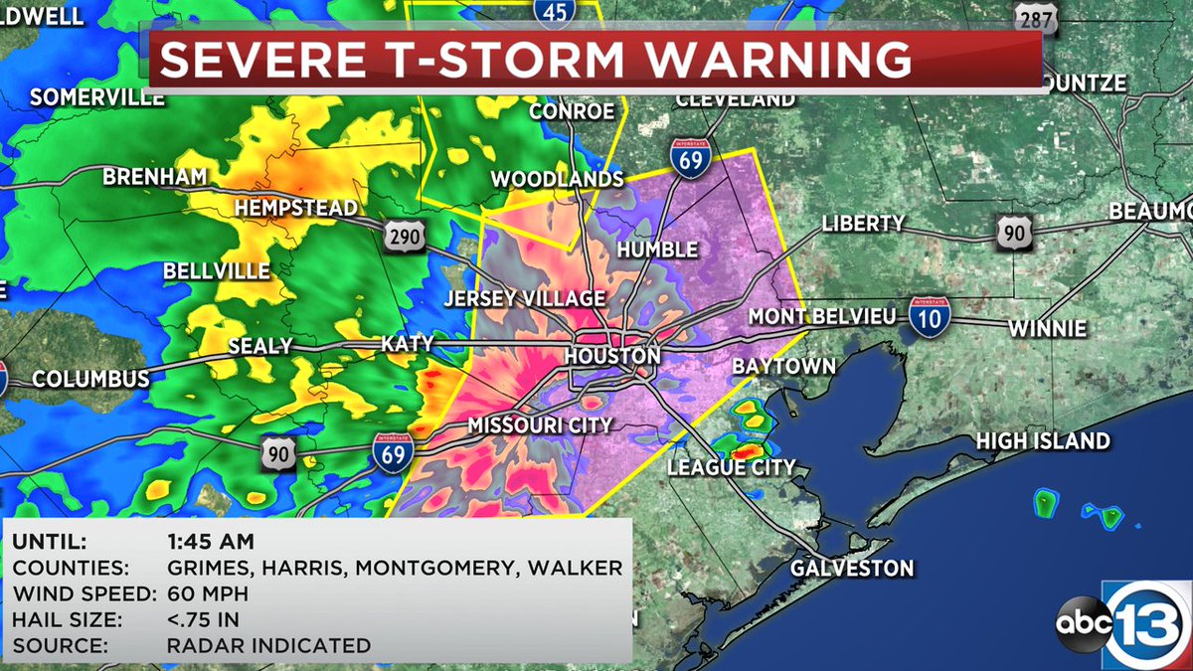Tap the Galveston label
(852, 569)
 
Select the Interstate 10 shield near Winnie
(929, 314)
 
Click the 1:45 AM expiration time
(211, 543)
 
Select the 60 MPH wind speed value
(208, 594)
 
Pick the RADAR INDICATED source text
(268, 646)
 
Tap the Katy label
(408, 344)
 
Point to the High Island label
(1043, 440)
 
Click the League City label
(732, 467)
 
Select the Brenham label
(155, 177)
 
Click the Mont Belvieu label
(822, 316)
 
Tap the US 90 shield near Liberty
(1015, 233)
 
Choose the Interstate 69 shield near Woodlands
(688, 158)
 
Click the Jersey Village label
(524, 298)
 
